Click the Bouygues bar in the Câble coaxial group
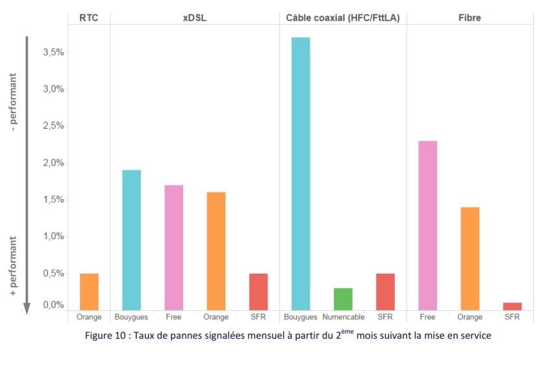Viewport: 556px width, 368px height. [x=301, y=174]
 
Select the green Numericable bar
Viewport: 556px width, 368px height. [x=343, y=299]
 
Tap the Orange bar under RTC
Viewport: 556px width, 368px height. [x=89, y=291]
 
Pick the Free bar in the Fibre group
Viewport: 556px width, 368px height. [x=427, y=225]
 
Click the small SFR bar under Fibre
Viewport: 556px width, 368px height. [x=512, y=306]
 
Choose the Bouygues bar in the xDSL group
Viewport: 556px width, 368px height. [x=131, y=240]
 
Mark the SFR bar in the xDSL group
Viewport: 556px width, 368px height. [x=259, y=291]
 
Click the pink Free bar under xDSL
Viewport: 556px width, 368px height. [x=173, y=247]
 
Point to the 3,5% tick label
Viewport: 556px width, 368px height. [x=53, y=53]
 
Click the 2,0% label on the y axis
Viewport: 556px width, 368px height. [x=53, y=163]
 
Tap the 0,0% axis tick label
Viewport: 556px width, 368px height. [x=53, y=305]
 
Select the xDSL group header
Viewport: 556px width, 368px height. [x=194, y=18]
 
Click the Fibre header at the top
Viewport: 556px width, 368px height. [x=470, y=18]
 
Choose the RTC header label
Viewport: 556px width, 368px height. [x=89, y=18]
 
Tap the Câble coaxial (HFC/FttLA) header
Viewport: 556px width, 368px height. [x=342, y=18]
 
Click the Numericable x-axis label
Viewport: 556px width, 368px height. [x=343, y=317]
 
